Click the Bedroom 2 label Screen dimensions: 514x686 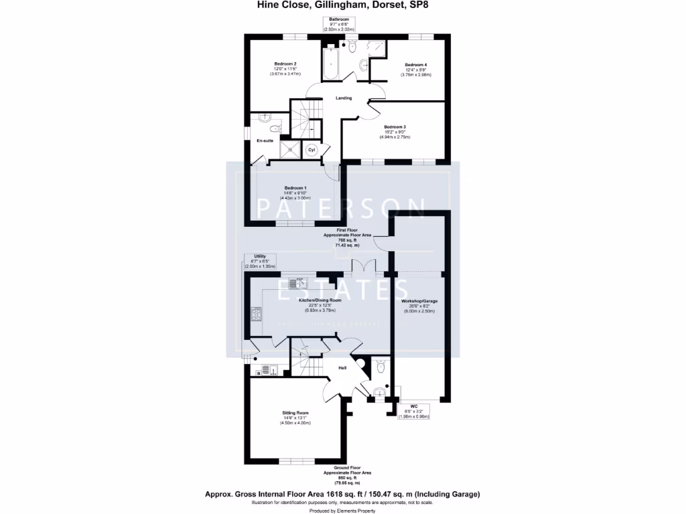pos(285,64)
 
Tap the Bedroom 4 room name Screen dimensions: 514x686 pos(415,64)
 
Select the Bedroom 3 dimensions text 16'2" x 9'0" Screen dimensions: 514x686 pos(395,132)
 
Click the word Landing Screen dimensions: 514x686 pos(344,98)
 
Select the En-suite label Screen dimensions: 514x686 pos(265,141)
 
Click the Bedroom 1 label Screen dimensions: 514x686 pos(295,187)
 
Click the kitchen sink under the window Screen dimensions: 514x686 pos(295,282)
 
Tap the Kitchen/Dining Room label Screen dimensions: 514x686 pos(320,301)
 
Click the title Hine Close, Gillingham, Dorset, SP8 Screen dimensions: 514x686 pos(343,5)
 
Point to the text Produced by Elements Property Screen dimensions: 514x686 pos(342,510)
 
